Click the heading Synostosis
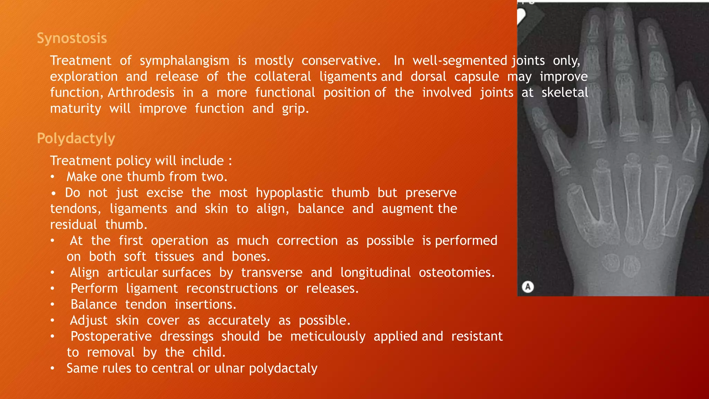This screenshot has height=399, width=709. coord(72,38)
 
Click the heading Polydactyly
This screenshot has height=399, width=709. coord(76,139)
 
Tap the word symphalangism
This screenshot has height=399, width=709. coord(184,61)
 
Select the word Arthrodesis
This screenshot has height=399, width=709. coord(141,93)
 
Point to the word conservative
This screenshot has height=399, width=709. coord(341,61)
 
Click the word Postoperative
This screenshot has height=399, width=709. coord(111,336)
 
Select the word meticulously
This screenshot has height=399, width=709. coord(327,336)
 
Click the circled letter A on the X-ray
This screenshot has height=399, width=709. coord(528,287)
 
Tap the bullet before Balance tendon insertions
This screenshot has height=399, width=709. coord(52,305)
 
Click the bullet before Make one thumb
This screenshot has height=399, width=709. coord(52,177)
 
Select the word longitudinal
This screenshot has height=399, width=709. coord(375,273)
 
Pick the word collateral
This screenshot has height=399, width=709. coord(282,77)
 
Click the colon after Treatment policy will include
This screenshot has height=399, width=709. coord(230,161)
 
